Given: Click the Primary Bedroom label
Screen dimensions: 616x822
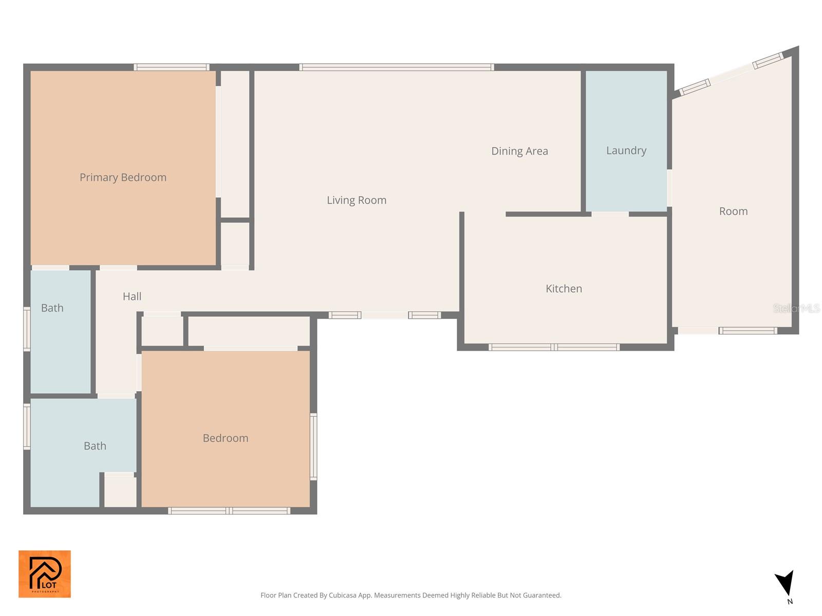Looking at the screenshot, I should point(123,177).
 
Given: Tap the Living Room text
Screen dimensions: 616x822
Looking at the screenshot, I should point(357,200).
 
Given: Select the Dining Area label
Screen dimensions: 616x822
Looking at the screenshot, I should point(519,151).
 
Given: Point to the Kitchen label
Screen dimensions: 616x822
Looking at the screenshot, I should point(564,288).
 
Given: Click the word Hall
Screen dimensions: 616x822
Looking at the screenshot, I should point(132,296).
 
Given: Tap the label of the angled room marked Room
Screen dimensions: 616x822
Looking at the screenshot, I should point(733,211).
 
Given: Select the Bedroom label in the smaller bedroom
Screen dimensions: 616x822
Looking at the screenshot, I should point(226,438).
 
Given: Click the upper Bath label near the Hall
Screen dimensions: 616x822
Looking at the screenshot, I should point(52,308).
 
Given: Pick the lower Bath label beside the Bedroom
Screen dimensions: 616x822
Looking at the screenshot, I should point(95,446).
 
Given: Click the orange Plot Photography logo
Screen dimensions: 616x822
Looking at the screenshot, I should point(45,574).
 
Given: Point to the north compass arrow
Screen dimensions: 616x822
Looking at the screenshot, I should point(786,584).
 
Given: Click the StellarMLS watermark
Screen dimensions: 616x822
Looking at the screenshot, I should point(796,309).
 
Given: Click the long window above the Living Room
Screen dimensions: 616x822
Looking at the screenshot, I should point(397,67).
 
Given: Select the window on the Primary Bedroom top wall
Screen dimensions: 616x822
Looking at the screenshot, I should point(172,67).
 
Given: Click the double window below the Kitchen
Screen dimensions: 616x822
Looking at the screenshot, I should point(554,348).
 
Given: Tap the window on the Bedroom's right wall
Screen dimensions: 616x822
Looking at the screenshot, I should point(313,447).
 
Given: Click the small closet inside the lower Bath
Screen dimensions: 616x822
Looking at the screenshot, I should point(120,492).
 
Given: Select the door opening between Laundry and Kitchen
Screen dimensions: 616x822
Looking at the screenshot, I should point(610,214).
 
